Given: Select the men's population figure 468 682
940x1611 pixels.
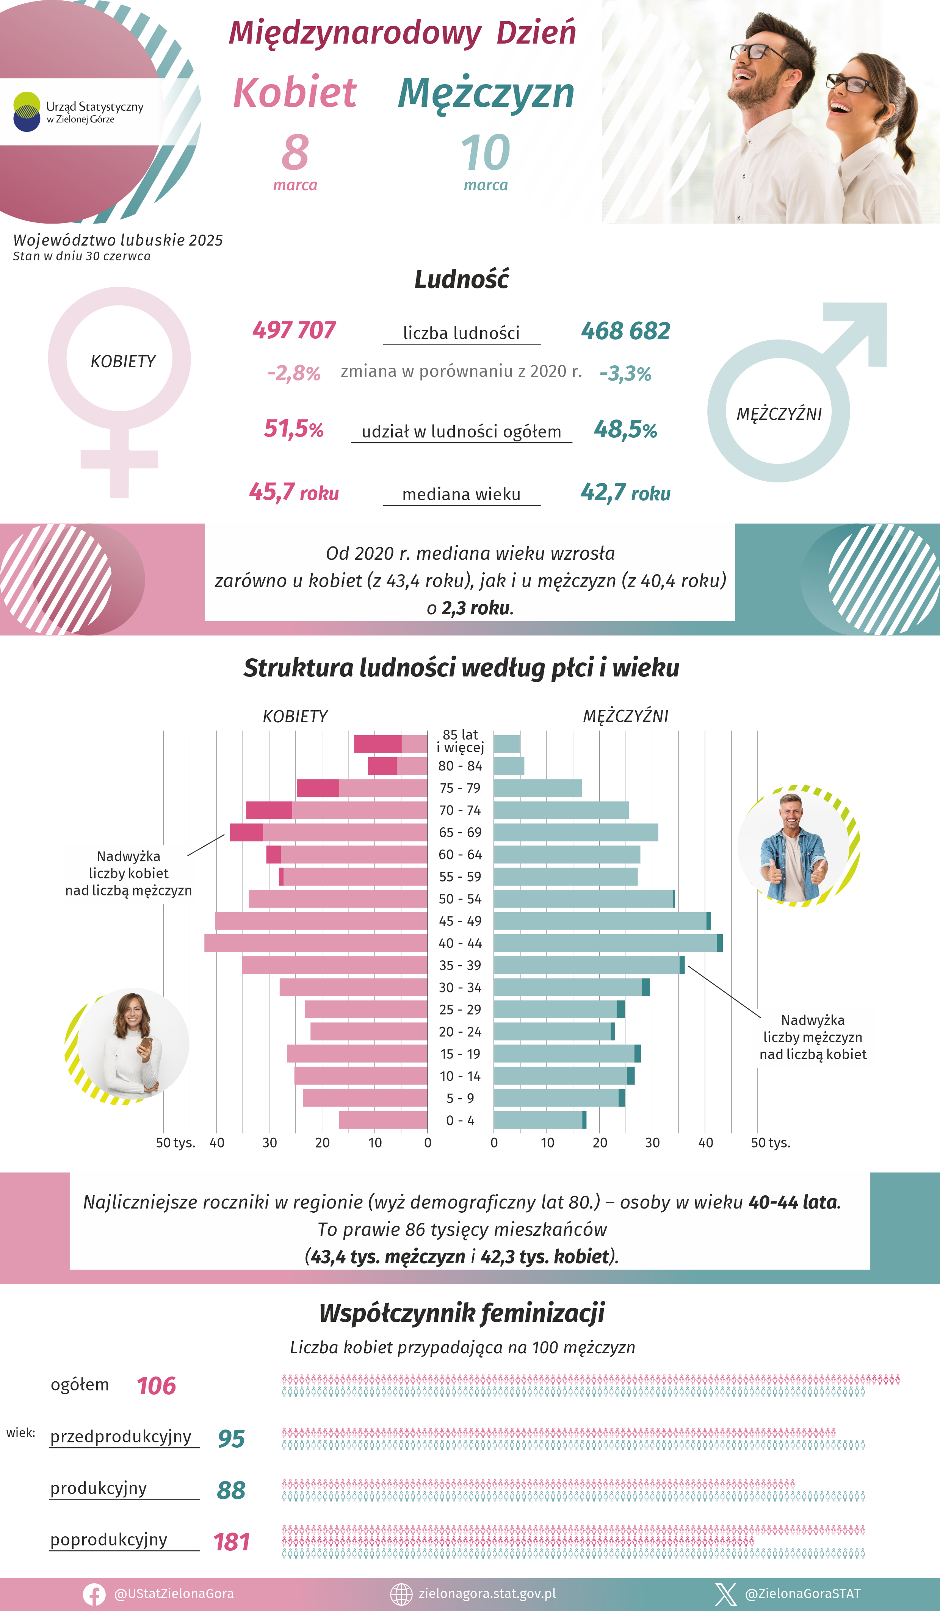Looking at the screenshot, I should [625, 331].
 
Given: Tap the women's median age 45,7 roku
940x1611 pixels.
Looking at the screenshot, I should [293, 492].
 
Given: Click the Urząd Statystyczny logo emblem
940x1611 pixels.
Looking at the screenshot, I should [27, 112].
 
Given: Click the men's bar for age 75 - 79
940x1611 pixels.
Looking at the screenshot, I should [537, 788].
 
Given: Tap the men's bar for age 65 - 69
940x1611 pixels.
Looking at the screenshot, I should [575, 832].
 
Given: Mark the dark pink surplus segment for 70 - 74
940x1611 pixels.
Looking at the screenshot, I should [269, 810].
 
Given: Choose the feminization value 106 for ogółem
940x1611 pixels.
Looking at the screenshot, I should [156, 1386].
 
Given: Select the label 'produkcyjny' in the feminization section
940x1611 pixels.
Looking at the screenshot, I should [99, 1488].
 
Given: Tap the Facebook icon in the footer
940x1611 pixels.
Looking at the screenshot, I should [94, 1594].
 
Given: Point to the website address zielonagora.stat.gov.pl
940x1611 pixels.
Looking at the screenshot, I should [487, 1594].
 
